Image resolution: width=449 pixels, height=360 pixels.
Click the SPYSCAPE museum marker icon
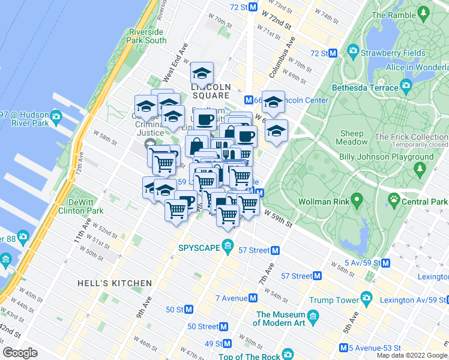pos(228,246)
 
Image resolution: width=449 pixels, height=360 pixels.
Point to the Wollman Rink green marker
pos(357,199)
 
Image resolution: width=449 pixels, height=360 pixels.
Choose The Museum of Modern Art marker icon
pos(313,316)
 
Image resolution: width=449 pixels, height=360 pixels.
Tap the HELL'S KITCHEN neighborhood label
pos(115,283)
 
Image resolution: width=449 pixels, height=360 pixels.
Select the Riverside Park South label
pos(146,36)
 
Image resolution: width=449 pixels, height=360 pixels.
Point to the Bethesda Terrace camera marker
pos(406,88)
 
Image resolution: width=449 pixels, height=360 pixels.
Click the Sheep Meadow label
pos(353,137)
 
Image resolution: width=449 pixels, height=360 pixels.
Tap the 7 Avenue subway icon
pos(254,298)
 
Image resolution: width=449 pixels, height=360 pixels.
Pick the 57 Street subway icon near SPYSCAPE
pos(276,250)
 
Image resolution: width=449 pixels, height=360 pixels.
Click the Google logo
pos(20,353)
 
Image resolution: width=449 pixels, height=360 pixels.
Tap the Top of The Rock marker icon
pos(288,355)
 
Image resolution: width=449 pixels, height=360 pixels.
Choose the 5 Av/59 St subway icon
pos(386,263)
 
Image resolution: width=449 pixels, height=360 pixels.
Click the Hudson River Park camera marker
pos(56,115)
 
